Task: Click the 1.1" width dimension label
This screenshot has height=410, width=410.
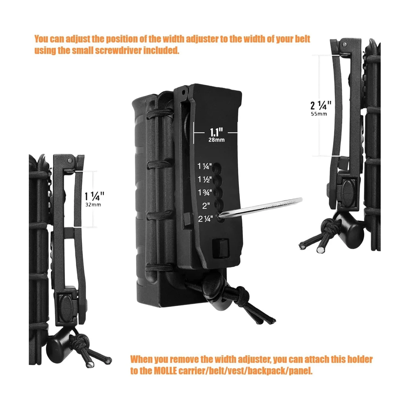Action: pos(216,132)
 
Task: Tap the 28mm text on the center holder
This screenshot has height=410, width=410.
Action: pos(216,140)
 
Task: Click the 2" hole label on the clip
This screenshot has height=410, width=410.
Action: pos(206,206)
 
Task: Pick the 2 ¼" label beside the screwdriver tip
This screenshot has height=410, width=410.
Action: pos(205,219)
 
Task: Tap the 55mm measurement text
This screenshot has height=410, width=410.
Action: pos(319,114)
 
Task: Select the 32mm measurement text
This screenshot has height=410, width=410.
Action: pos(93,205)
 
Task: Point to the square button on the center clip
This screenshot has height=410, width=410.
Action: pos(221,247)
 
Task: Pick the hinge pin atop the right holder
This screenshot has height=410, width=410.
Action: pos(344,44)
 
